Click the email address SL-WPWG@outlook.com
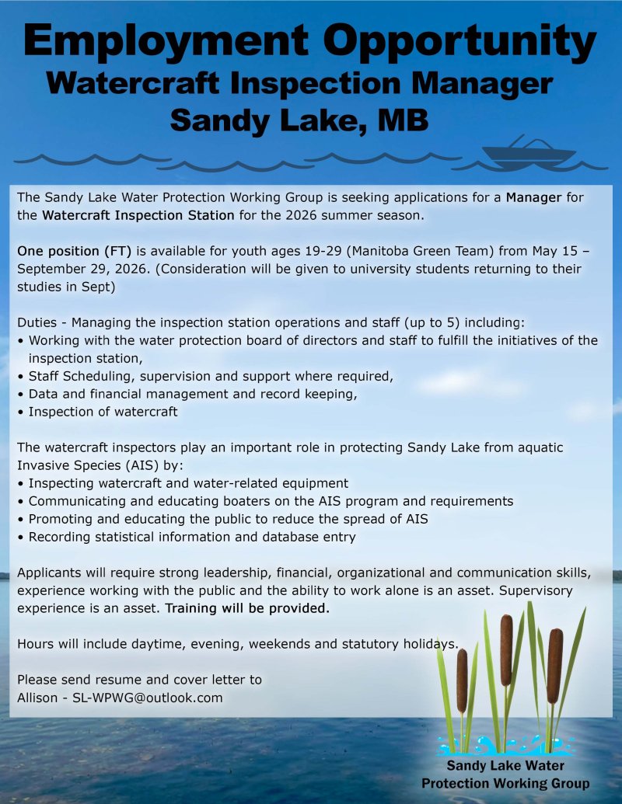pos(148,698)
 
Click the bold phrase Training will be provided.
pos(247,609)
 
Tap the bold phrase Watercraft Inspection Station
pos(138,214)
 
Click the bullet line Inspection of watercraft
pos(103,412)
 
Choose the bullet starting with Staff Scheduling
pos(210,376)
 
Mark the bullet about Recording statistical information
pos(191,537)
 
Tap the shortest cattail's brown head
pos(462,670)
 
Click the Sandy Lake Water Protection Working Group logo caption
pos(505,774)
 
